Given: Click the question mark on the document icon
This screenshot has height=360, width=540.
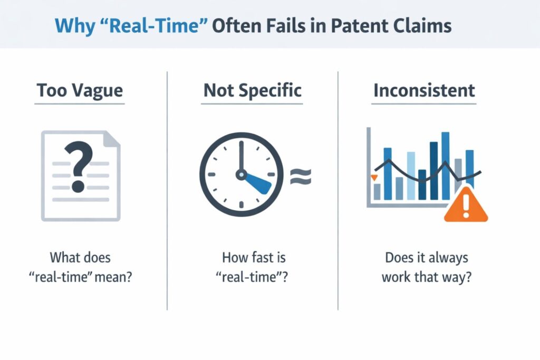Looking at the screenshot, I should [79, 168].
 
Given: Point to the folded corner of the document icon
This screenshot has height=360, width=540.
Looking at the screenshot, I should [111, 139].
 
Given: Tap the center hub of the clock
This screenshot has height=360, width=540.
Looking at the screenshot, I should [241, 173].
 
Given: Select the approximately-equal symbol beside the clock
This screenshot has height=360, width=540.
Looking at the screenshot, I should [301, 177].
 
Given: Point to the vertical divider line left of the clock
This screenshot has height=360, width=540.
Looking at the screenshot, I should [167, 190].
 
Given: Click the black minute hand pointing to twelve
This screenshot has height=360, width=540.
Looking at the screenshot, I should [241, 155].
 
